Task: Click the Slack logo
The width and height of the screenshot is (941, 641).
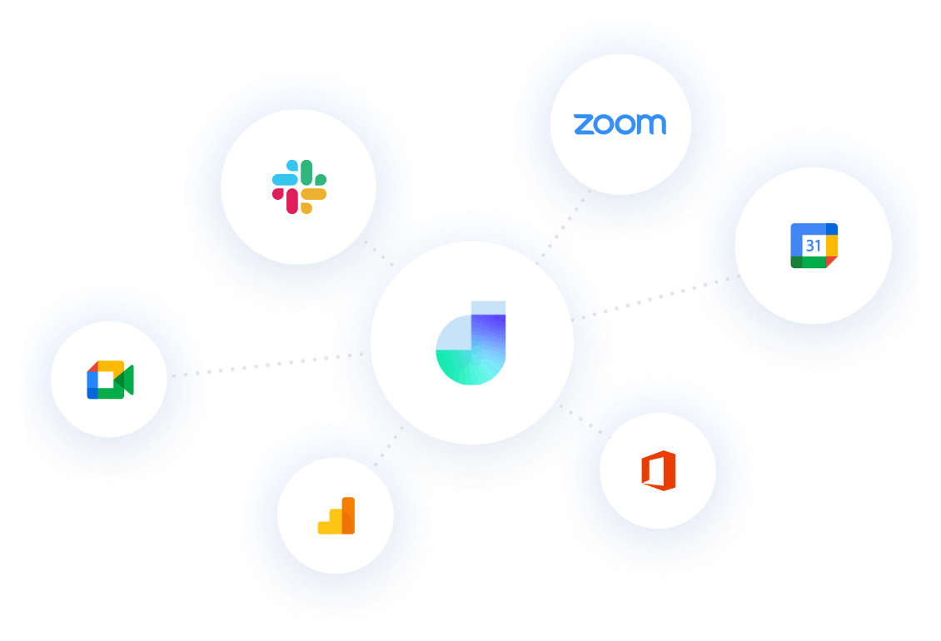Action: point(299,186)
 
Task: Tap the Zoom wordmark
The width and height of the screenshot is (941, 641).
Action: point(620,125)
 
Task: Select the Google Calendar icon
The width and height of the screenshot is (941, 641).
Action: point(814,246)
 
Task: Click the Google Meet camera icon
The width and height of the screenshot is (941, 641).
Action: point(110,380)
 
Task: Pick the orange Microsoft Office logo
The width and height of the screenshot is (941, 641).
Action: point(658,470)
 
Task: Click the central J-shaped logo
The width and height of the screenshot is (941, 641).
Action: point(471,342)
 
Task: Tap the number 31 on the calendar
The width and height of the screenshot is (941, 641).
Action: point(813,246)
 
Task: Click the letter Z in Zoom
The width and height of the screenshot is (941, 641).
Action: point(583,125)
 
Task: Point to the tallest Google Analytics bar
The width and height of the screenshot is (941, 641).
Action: point(348,515)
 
